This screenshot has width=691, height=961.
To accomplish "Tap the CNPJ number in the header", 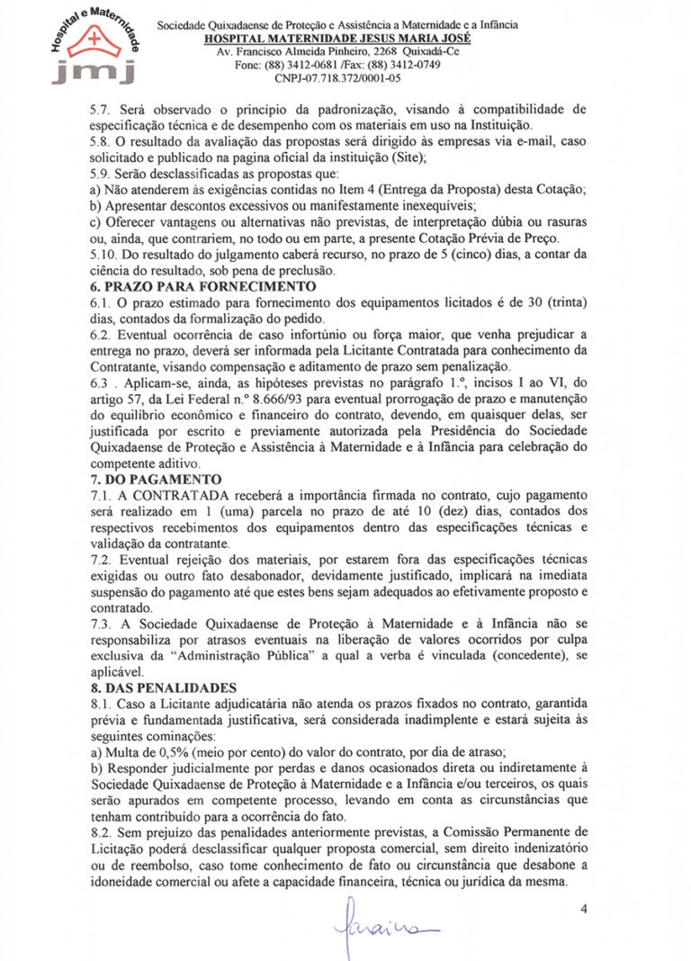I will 338,78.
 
